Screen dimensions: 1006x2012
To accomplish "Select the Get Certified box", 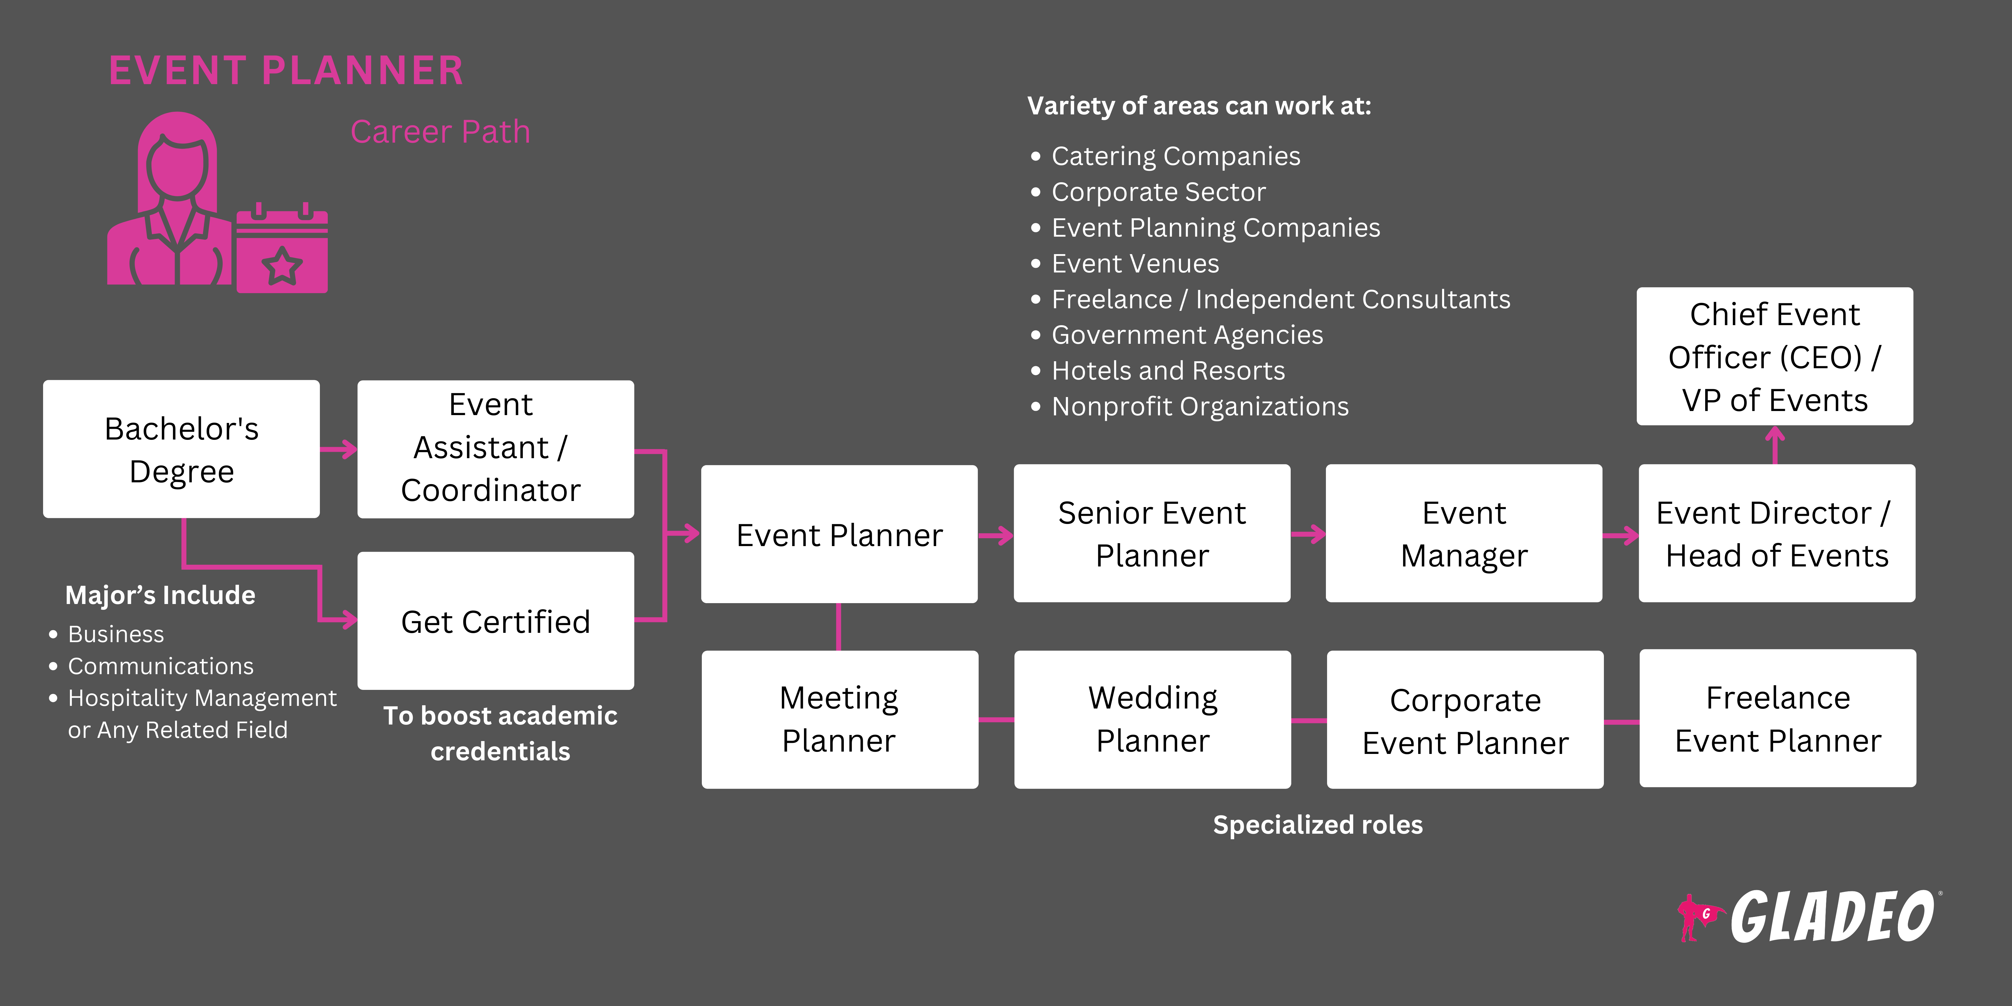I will [x=495, y=621].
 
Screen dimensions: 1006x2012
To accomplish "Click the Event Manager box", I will [x=1464, y=534].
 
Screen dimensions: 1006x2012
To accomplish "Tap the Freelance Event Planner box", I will [x=1777, y=719].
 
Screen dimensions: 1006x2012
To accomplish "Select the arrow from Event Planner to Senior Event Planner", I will [x=996, y=535].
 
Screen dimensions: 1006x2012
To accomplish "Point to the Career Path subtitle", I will [x=440, y=132].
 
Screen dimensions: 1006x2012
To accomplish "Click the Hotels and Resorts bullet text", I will [x=1168, y=371].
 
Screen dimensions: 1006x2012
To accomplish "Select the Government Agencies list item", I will [x=1187, y=335].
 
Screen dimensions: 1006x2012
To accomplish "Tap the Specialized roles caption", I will [x=1318, y=825].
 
